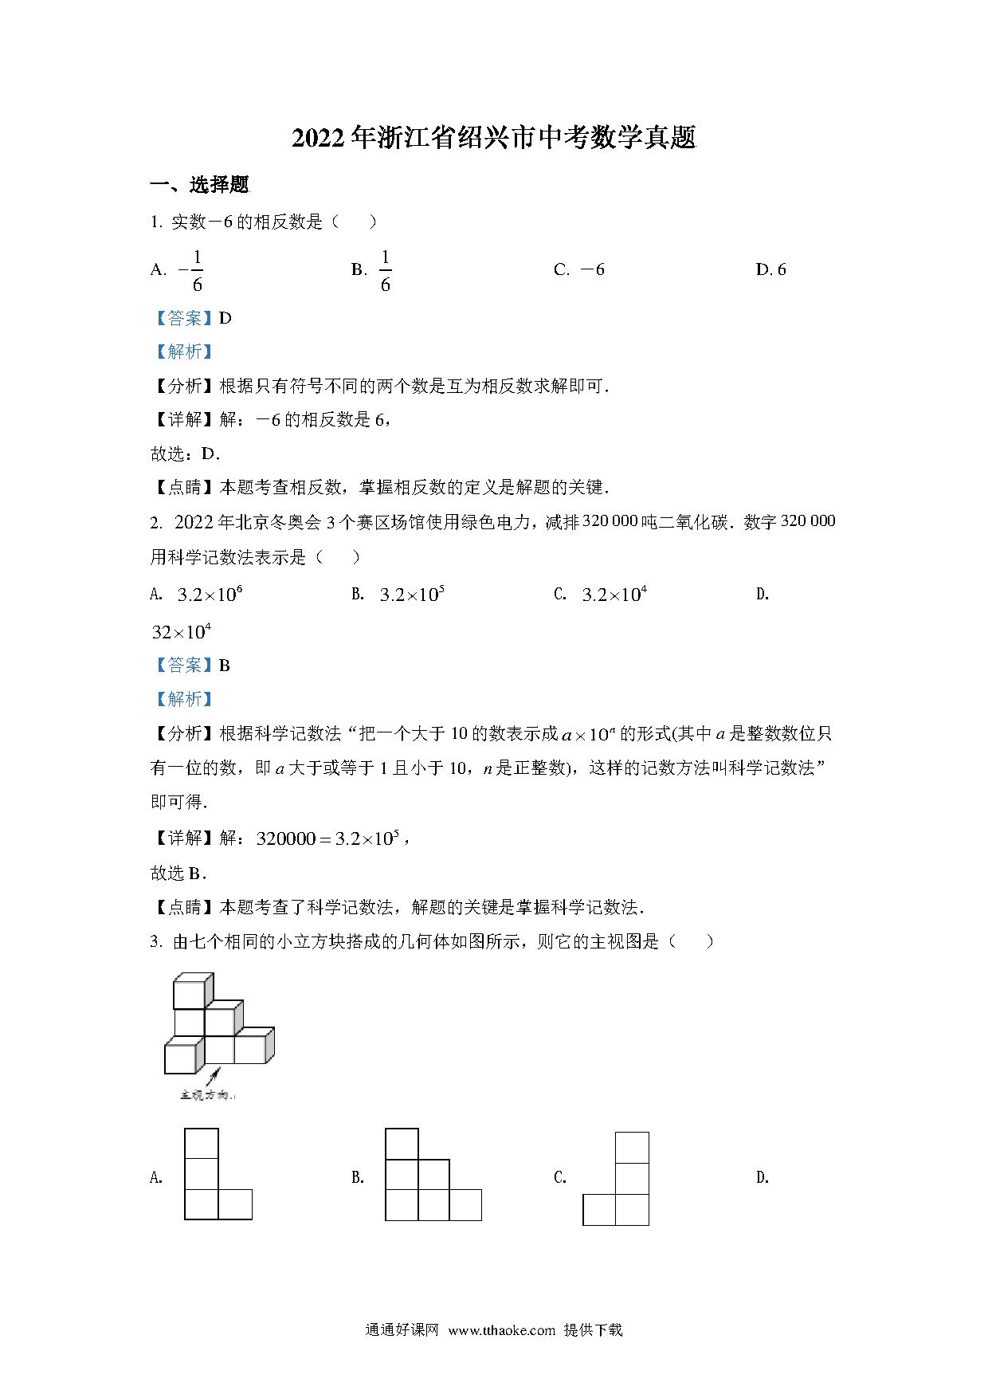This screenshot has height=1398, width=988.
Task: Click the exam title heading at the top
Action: tap(494, 139)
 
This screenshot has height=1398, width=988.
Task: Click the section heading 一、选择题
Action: tap(200, 186)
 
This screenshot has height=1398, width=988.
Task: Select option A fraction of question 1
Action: tap(191, 271)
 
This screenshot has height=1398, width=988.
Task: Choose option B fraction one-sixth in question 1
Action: tap(385, 271)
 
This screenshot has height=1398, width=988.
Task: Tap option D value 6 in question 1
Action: tap(780, 269)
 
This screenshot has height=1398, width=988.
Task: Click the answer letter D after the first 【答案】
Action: tap(225, 318)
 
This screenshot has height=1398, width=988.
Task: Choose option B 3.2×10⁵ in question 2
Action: tap(411, 595)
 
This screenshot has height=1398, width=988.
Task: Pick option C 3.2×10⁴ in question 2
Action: tap(614, 595)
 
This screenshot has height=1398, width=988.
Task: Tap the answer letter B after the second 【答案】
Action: tap(225, 666)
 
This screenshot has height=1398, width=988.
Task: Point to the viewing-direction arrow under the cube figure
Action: tap(212, 1080)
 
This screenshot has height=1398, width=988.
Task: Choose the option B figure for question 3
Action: tap(433, 1174)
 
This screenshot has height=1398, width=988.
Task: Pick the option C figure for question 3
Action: tap(616, 1179)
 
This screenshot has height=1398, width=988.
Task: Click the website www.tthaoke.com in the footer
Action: tap(501, 1329)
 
